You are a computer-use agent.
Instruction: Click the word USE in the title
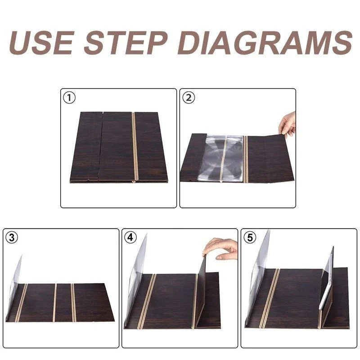point(42,43)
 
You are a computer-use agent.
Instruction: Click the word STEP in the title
point(126,43)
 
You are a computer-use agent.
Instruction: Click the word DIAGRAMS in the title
point(265,43)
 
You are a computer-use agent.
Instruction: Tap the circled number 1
point(69,98)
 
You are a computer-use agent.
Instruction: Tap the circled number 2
point(189,98)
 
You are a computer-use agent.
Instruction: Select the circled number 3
point(12,238)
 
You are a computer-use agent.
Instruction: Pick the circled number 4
point(130,238)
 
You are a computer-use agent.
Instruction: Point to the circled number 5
point(250,238)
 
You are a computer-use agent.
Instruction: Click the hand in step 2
point(287,124)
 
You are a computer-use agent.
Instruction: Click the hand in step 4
point(220,249)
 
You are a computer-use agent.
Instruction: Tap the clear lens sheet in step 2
point(220,158)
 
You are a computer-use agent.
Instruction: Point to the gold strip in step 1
point(135,147)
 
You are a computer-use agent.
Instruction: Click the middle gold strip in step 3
point(54,302)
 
